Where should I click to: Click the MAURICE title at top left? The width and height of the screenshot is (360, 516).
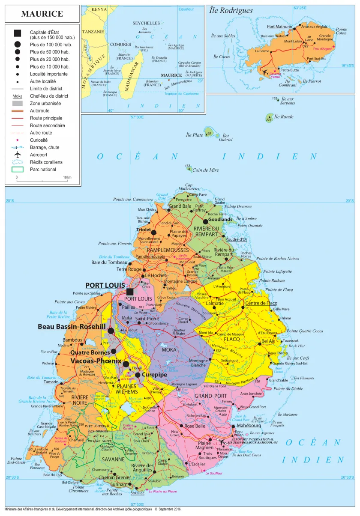42,14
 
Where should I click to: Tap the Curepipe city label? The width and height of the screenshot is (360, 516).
154,374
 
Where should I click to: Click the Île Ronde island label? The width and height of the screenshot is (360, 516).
284,116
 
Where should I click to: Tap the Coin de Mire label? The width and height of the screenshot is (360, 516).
205,170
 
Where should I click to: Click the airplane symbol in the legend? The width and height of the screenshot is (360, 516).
18,155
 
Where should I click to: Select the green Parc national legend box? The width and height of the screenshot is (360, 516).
18,169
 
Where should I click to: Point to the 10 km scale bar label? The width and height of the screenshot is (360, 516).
67,177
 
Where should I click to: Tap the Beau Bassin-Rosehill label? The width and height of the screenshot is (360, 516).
72,327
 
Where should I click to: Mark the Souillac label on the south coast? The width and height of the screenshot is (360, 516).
137,493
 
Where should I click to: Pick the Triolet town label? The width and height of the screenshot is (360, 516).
144,230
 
